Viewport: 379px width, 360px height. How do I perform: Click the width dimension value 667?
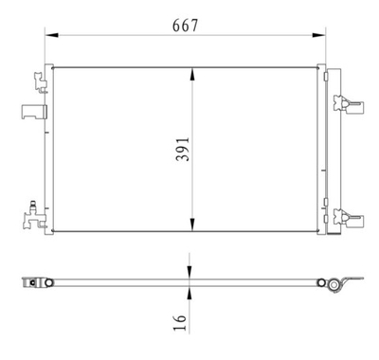coord(185,26)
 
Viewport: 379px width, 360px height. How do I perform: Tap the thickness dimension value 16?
coord(181,325)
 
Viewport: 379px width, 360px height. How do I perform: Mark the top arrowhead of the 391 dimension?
coord(192,70)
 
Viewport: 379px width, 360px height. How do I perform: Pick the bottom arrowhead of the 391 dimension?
coord(192,229)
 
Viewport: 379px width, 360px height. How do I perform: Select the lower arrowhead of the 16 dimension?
coord(192,289)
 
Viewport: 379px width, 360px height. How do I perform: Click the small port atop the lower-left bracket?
coord(34,203)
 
